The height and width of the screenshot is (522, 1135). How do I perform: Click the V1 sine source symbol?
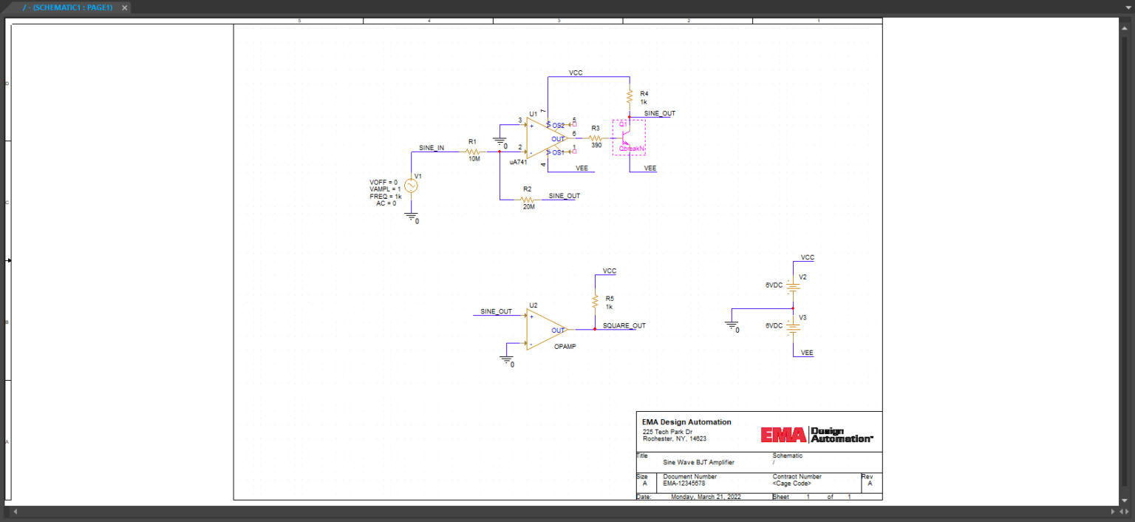pos(410,186)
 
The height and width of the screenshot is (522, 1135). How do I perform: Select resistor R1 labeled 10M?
pos(473,151)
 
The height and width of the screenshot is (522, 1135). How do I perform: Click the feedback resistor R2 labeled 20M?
pos(528,200)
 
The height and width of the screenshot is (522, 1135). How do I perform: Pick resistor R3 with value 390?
pos(596,138)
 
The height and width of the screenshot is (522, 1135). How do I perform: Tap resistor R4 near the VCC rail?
pos(630,97)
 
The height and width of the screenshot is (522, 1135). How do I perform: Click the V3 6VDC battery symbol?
pos(793,326)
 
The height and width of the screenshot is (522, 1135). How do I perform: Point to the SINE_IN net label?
pos(432,148)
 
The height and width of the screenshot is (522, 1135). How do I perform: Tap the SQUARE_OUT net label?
pos(624,325)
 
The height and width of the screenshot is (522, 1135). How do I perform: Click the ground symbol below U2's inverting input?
pos(507,360)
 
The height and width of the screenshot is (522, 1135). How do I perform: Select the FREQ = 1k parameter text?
pos(385,197)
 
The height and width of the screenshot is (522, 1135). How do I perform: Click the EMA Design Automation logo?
pos(817,435)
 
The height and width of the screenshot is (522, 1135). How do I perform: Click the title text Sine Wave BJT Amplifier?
pos(698,462)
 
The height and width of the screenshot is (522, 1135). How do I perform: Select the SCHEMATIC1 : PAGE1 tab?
pos(67,7)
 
